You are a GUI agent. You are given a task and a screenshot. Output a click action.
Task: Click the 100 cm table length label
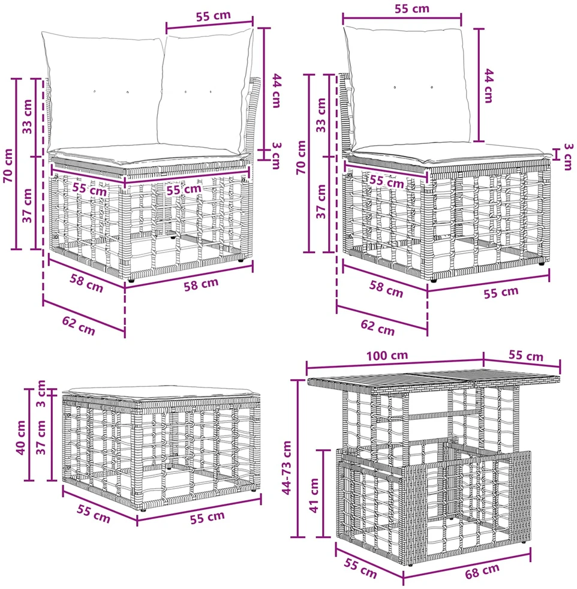click(387, 355)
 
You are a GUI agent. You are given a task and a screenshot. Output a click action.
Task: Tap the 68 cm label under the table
click(482, 571)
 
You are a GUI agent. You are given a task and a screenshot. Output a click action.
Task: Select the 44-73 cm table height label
click(286, 468)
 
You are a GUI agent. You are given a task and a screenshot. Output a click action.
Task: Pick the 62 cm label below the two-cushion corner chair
click(79, 325)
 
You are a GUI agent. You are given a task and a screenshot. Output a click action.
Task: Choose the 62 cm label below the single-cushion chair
click(377, 327)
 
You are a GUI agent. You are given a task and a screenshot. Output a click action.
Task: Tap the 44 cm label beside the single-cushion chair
click(488, 86)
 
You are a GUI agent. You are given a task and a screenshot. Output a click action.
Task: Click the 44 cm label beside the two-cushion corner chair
click(276, 91)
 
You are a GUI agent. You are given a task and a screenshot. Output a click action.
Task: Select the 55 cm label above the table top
click(526, 355)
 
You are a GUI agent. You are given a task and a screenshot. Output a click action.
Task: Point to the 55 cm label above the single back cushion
click(411, 8)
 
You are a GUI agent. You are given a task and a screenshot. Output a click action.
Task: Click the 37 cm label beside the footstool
click(41, 437)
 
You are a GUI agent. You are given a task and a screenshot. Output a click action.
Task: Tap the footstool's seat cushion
click(161, 393)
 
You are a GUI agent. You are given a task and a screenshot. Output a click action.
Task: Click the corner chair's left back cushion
click(103, 92)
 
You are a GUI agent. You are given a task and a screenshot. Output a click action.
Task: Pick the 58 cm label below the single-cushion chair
click(386, 289)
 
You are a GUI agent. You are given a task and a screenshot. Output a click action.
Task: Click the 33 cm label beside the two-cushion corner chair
click(28, 116)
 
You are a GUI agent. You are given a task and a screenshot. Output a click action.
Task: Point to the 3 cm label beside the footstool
click(41, 393)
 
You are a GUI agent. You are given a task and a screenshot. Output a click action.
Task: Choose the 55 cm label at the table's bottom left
click(360, 569)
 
